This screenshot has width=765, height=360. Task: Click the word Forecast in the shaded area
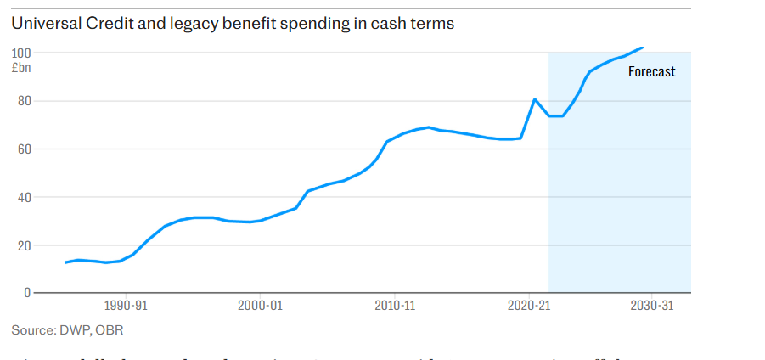pos(651,72)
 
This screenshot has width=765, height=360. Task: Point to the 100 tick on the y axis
pos(20,53)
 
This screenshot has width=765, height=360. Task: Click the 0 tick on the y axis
pos(25,293)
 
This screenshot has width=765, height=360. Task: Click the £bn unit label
pos(20,68)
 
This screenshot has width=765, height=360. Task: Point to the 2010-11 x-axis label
pos(395,306)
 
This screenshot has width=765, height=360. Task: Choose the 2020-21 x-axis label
pos(529,306)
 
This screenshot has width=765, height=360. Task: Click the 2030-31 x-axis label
pos(650,306)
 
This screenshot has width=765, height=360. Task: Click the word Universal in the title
pos(43,24)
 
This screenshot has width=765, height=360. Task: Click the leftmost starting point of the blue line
pos(66,262)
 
